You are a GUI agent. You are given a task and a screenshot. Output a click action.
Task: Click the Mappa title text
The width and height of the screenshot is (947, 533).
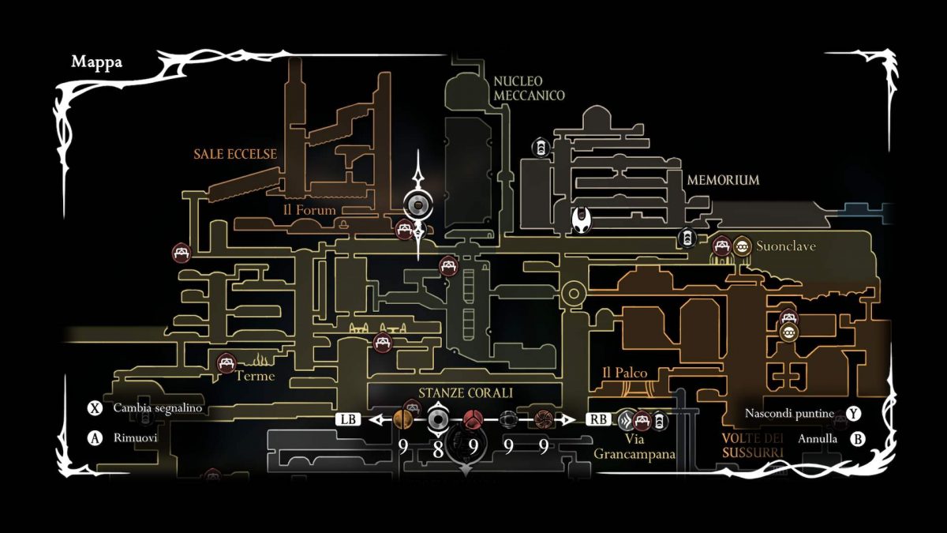(96, 62)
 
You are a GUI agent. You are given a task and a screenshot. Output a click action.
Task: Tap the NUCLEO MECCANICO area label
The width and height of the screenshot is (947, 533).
(529, 88)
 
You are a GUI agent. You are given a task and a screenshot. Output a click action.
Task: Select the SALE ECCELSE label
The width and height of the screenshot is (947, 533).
(235, 154)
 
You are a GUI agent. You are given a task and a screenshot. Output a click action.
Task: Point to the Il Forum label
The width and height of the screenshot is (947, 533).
(309, 210)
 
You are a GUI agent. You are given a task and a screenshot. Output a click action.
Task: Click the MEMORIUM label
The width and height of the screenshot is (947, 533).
(723, 180)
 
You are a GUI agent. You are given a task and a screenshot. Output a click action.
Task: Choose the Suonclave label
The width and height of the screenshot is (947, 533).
(786, 246)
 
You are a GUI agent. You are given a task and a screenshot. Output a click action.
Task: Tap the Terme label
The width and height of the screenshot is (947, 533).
(256, 376)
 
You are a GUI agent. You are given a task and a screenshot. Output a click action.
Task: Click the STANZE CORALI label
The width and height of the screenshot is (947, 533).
(466, 392)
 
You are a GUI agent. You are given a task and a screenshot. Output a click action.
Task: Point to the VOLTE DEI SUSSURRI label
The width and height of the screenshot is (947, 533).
(752, 446)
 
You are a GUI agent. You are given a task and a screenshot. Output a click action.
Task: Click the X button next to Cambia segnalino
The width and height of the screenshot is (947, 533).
(95, 409)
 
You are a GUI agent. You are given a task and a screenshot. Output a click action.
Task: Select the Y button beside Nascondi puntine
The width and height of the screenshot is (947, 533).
(854, 414)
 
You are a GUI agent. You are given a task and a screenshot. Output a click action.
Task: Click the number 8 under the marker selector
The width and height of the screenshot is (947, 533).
(438, 448)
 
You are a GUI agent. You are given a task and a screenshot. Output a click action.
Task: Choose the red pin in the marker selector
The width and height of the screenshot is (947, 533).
(473, 419)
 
